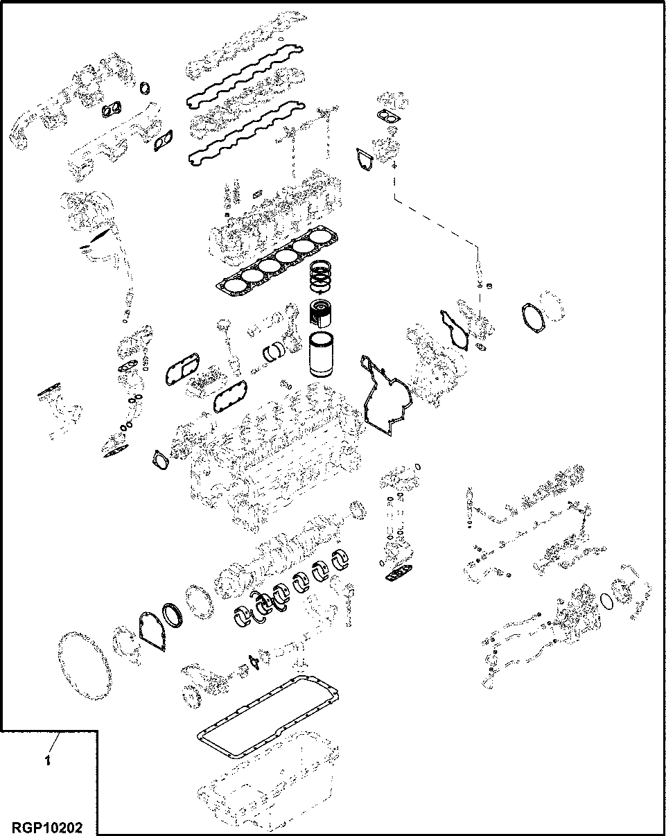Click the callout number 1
pos(47,761)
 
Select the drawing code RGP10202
pos(46,827)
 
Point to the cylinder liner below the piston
pos(321,354)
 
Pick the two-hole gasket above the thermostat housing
pos(389,119)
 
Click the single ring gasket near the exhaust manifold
pos(144,88)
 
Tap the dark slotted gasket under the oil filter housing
pos(398,573)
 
